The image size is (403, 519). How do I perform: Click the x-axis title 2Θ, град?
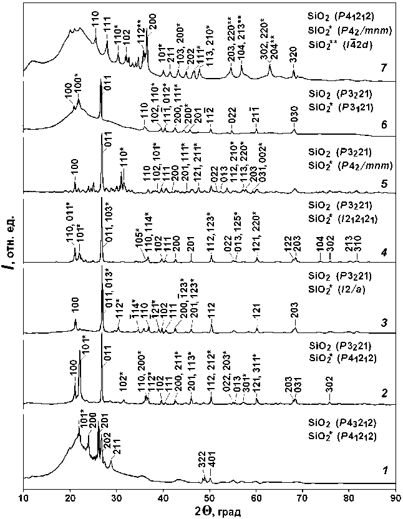[209, 511]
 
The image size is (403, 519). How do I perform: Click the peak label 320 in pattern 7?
[294, 59]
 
